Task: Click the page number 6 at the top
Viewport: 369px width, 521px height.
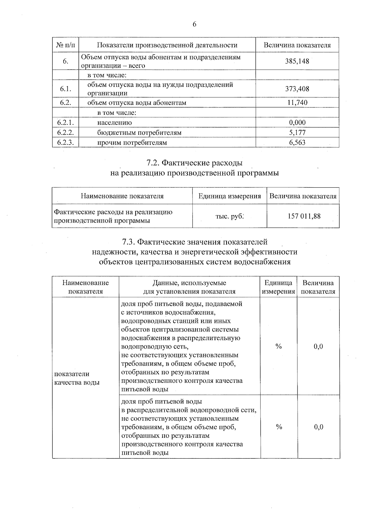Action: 194,25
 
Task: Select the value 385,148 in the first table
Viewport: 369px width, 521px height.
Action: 297,61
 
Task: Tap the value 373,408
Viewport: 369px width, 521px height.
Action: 297,89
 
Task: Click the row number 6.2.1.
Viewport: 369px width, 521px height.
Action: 65,123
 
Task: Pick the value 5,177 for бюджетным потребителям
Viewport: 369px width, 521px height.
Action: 297,133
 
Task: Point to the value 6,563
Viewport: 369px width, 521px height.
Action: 297,142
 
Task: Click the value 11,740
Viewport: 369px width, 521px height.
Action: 297,103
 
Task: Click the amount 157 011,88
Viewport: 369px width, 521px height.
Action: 304,216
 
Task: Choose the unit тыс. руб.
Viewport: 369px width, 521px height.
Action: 229,216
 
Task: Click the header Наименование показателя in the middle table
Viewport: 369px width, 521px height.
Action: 122,196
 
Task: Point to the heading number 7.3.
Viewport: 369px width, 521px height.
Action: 129,242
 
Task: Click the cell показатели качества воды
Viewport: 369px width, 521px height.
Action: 77,378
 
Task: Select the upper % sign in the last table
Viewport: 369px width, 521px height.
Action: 279,347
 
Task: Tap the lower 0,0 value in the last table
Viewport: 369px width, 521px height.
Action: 319,427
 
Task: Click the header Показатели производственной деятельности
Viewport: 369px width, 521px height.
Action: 167,45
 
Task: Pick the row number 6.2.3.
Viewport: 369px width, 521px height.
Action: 65,142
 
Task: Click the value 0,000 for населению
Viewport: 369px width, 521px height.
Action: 297,123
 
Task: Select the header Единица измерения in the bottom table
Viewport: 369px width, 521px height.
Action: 278,287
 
